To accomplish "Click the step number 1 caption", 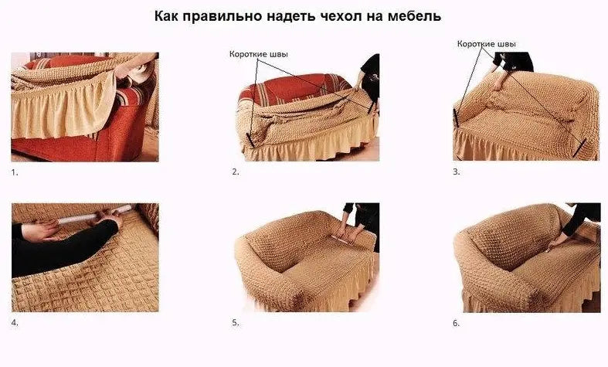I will (15, 172).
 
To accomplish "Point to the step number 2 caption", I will (236, 172).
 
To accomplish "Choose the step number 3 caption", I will (457, 172).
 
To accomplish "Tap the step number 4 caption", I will (15, 322).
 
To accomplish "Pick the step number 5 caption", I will (236, 322).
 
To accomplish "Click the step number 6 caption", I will (457, 322).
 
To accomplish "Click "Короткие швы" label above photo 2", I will (259, 55).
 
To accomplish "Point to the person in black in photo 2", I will (372, 77).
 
